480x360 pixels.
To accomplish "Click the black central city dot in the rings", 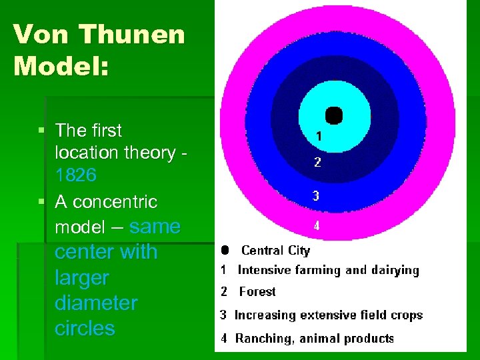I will (x=333, y=115).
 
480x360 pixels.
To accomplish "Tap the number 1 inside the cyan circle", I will (x=319, y=136).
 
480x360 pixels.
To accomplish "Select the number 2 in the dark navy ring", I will (x=317, y=162).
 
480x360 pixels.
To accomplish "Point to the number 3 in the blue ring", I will (x=317, y=196).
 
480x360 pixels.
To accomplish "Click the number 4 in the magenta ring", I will (x=317, y=225).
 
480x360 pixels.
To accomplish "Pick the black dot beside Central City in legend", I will (x=225, y=251).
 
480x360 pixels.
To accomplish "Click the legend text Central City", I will (x=275, y=251).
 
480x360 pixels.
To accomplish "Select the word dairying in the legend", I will (x=392, y=270).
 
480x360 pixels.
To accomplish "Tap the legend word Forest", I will (x=257, y=291).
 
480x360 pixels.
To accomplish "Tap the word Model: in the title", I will (x=60, y=65).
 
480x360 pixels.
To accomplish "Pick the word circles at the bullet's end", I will (x=85, y=328).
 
